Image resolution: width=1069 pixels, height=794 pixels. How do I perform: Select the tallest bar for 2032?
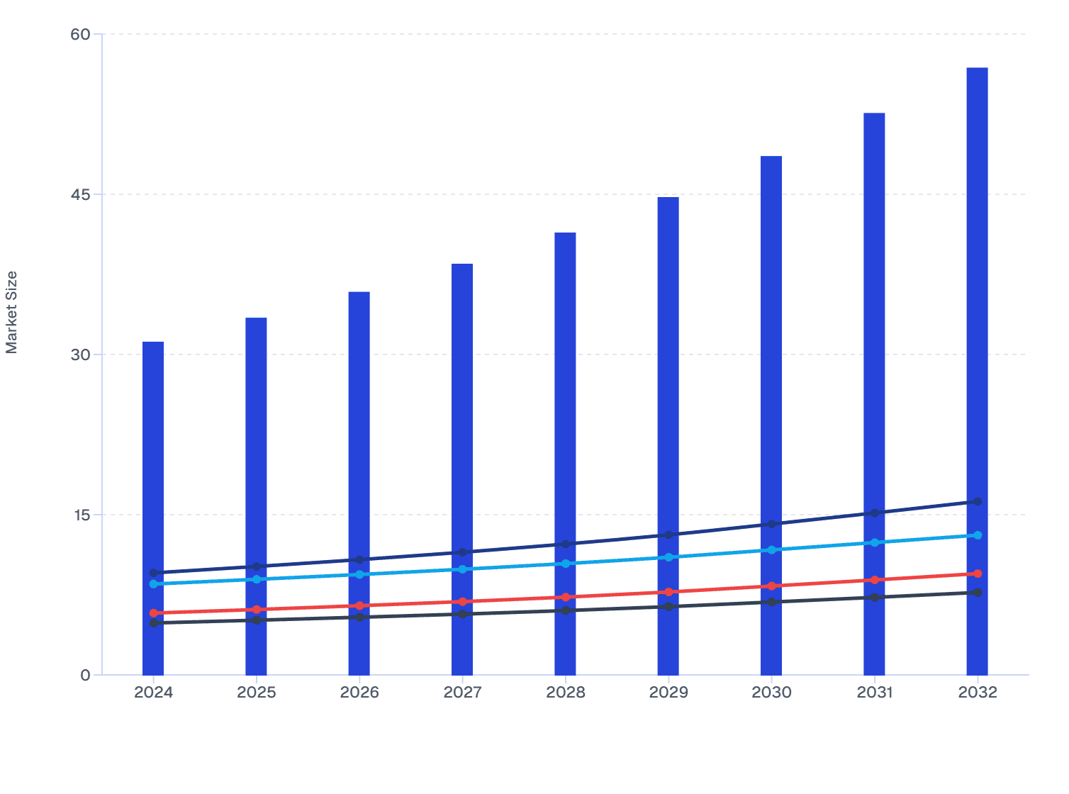point(977,284)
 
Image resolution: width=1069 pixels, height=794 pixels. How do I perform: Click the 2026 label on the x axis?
point(359,693)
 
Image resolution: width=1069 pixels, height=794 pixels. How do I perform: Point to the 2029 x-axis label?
point(668,693)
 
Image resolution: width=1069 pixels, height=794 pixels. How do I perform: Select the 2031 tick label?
point(874,693)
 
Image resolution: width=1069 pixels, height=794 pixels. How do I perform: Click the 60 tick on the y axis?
point(81,34)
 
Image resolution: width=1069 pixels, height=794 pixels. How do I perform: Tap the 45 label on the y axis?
point(81,194)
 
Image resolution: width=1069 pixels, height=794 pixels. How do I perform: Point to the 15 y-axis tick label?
point(81,515)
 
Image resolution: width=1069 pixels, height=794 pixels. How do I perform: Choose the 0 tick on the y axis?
point(86,675)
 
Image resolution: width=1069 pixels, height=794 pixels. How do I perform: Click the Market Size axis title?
point(12,312)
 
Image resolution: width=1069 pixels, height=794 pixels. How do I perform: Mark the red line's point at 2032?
point(978,574)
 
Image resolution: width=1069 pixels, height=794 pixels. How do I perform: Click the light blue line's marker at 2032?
point(978,535)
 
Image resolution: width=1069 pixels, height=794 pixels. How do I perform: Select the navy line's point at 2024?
point(154,573)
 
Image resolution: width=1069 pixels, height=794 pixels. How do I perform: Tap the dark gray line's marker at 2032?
point(978,592)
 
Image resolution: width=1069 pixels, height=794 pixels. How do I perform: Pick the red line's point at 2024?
point(154,613)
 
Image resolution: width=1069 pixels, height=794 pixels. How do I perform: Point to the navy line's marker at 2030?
point(771,524)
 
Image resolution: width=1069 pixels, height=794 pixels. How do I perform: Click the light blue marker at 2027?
point(462,569)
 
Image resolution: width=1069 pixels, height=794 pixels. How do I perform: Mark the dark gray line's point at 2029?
point(668,607)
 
